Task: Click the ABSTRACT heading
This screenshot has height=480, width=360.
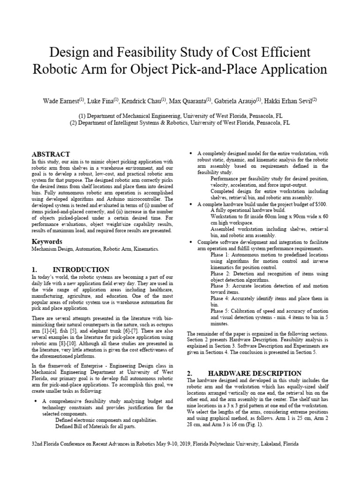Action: (51, 154)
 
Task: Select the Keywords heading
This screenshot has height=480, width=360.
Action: (47, 241)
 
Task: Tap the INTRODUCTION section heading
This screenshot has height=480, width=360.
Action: (82, 270)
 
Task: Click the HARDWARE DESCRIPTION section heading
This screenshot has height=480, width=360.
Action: (255, 373)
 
